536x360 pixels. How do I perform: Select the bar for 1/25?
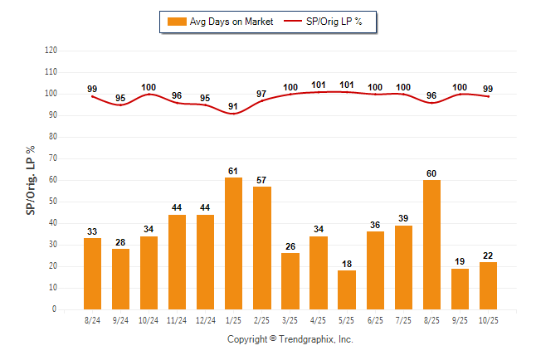pos(233,243)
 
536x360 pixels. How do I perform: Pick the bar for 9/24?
pos(120,279)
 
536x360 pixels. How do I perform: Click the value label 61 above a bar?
pos(233,171)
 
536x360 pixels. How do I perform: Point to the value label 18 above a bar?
pos(347,264)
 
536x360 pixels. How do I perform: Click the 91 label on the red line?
pos(233,105)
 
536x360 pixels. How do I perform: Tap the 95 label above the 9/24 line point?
pos(120,98)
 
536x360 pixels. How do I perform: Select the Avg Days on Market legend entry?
pos(219,22)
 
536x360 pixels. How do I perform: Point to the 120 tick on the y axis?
pos(51,51)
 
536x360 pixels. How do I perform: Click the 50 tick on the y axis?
pos(53,202)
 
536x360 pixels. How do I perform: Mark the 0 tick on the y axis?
pos(55,309)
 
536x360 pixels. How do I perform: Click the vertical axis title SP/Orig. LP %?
pos(31,179)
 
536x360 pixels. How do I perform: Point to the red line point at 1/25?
pos(233,113)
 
